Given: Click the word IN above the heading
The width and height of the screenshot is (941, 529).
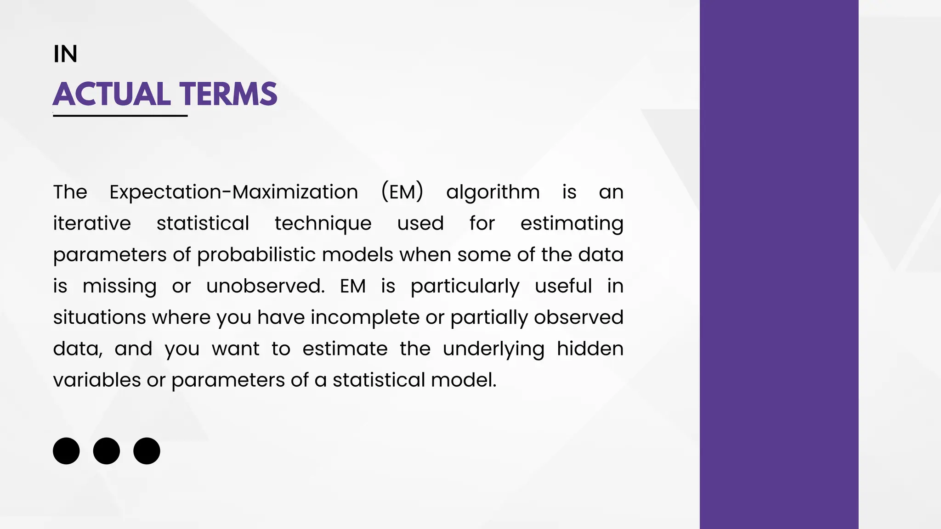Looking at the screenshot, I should click(65, 54).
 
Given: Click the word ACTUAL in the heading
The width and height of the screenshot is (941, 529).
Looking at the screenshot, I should click(112, 94).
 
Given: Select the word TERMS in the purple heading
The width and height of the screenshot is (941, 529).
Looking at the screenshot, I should click(228, 94).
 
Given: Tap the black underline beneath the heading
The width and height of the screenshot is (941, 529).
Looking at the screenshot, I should click(120, 116).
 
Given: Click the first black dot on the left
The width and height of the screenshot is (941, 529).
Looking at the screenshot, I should click(66, 451).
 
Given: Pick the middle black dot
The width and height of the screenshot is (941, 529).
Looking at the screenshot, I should click(107, 451).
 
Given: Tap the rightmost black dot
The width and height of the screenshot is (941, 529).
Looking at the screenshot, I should click(147, 451).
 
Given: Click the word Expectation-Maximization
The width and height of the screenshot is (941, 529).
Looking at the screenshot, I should click(233, 192).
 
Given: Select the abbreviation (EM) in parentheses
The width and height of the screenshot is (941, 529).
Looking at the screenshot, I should click(402, 192).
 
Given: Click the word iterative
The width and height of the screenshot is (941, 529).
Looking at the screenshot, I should click(92, 224).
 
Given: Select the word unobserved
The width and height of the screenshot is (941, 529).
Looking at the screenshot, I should click(265, 286).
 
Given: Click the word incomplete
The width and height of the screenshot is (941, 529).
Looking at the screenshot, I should click(365, 318).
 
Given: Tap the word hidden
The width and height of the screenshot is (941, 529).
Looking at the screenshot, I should click(590, 349).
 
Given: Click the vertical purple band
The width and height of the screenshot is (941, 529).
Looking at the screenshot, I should click(779, 264).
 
